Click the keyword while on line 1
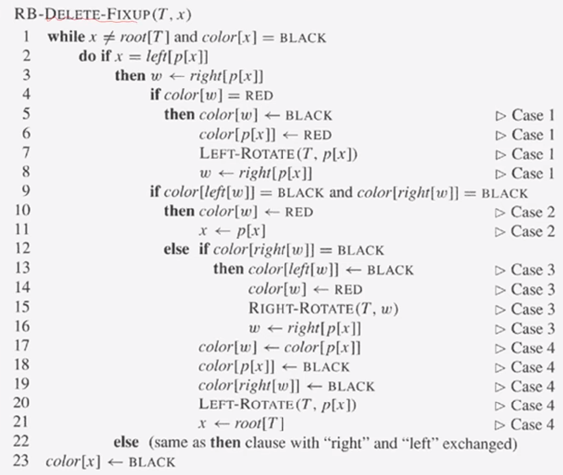coord(66,37)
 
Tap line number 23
coord(21,461)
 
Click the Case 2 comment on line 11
coord(525,231)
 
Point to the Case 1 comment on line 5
coord(525,115)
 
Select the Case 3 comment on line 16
coord(525,328)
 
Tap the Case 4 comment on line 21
coord(525,424)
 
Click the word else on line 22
coord(126,442)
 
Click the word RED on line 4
coord(259,96)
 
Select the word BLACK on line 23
coord(152,462)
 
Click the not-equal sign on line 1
coord(109,37)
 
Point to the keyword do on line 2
coord(87,56)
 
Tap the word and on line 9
coord(341,192)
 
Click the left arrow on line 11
coord(224,231)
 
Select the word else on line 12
coord(176,250)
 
